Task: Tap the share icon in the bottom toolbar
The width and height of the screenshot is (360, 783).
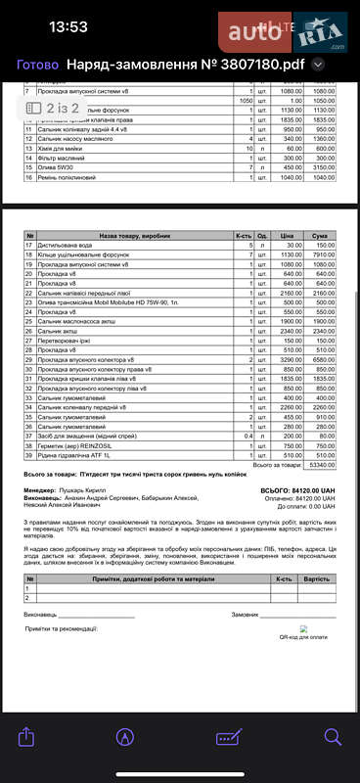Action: (27, 736)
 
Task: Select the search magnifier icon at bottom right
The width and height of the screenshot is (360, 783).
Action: (332, 736)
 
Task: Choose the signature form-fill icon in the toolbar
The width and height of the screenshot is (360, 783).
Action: (230, 736)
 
